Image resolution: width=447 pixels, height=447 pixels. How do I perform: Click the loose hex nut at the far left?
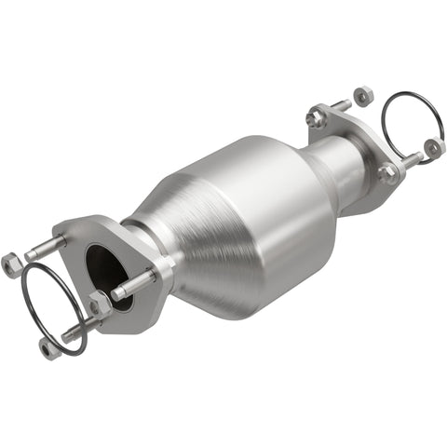coord(11,264)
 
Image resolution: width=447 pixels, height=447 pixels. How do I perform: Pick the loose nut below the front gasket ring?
coord(49,347)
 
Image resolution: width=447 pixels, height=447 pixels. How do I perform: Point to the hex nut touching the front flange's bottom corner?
coord(100,304)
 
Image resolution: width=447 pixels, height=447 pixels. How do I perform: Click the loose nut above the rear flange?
coord(364,95)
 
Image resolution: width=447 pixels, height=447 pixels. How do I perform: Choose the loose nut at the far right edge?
coord(433,147)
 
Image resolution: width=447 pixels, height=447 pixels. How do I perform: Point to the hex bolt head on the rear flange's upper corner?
coord(318,118)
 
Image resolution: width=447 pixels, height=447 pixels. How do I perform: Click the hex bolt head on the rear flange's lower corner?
coord(386,173)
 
